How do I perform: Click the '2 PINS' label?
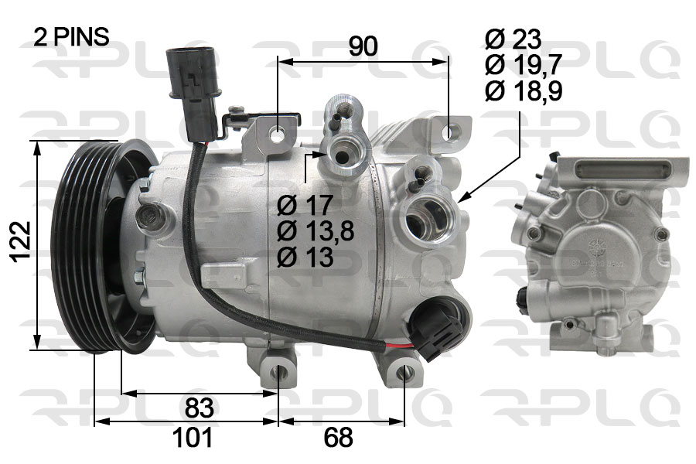71,37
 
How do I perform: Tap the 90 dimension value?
363,46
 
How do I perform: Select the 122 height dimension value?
22,242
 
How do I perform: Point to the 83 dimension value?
200,408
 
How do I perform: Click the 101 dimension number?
193,438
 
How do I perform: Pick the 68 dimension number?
338,438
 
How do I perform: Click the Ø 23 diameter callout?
513,39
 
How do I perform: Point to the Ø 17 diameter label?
305,205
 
